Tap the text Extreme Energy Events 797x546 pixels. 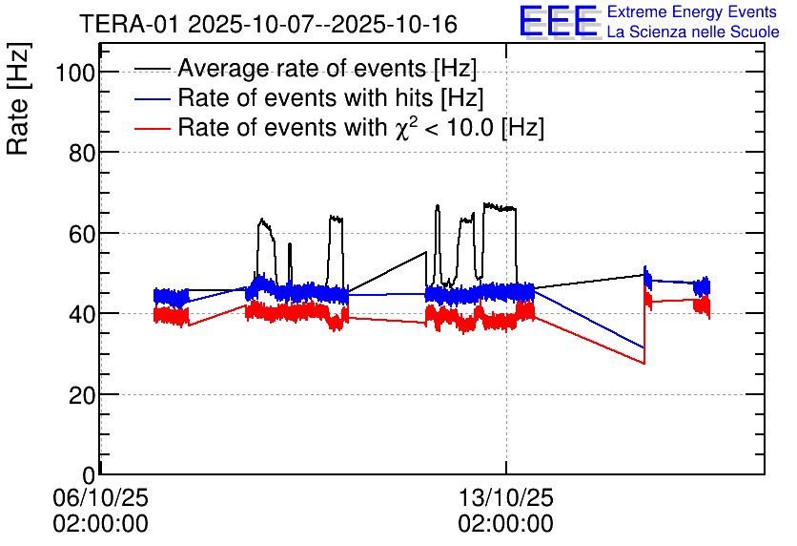click(693, 12)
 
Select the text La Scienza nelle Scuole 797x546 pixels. click(693, 32)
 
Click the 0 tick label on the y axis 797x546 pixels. click(87, 474)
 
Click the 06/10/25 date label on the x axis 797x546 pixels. click(100, 498)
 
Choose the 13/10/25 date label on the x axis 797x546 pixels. click(505, 498)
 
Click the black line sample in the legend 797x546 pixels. click(153, 69)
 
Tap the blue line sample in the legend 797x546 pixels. click(153, 98)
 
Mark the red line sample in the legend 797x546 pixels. click(153, 128)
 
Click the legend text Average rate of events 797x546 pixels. click(327, 69)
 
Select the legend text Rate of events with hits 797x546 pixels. click(331, 98)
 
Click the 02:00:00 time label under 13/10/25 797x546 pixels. click(505, 524)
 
